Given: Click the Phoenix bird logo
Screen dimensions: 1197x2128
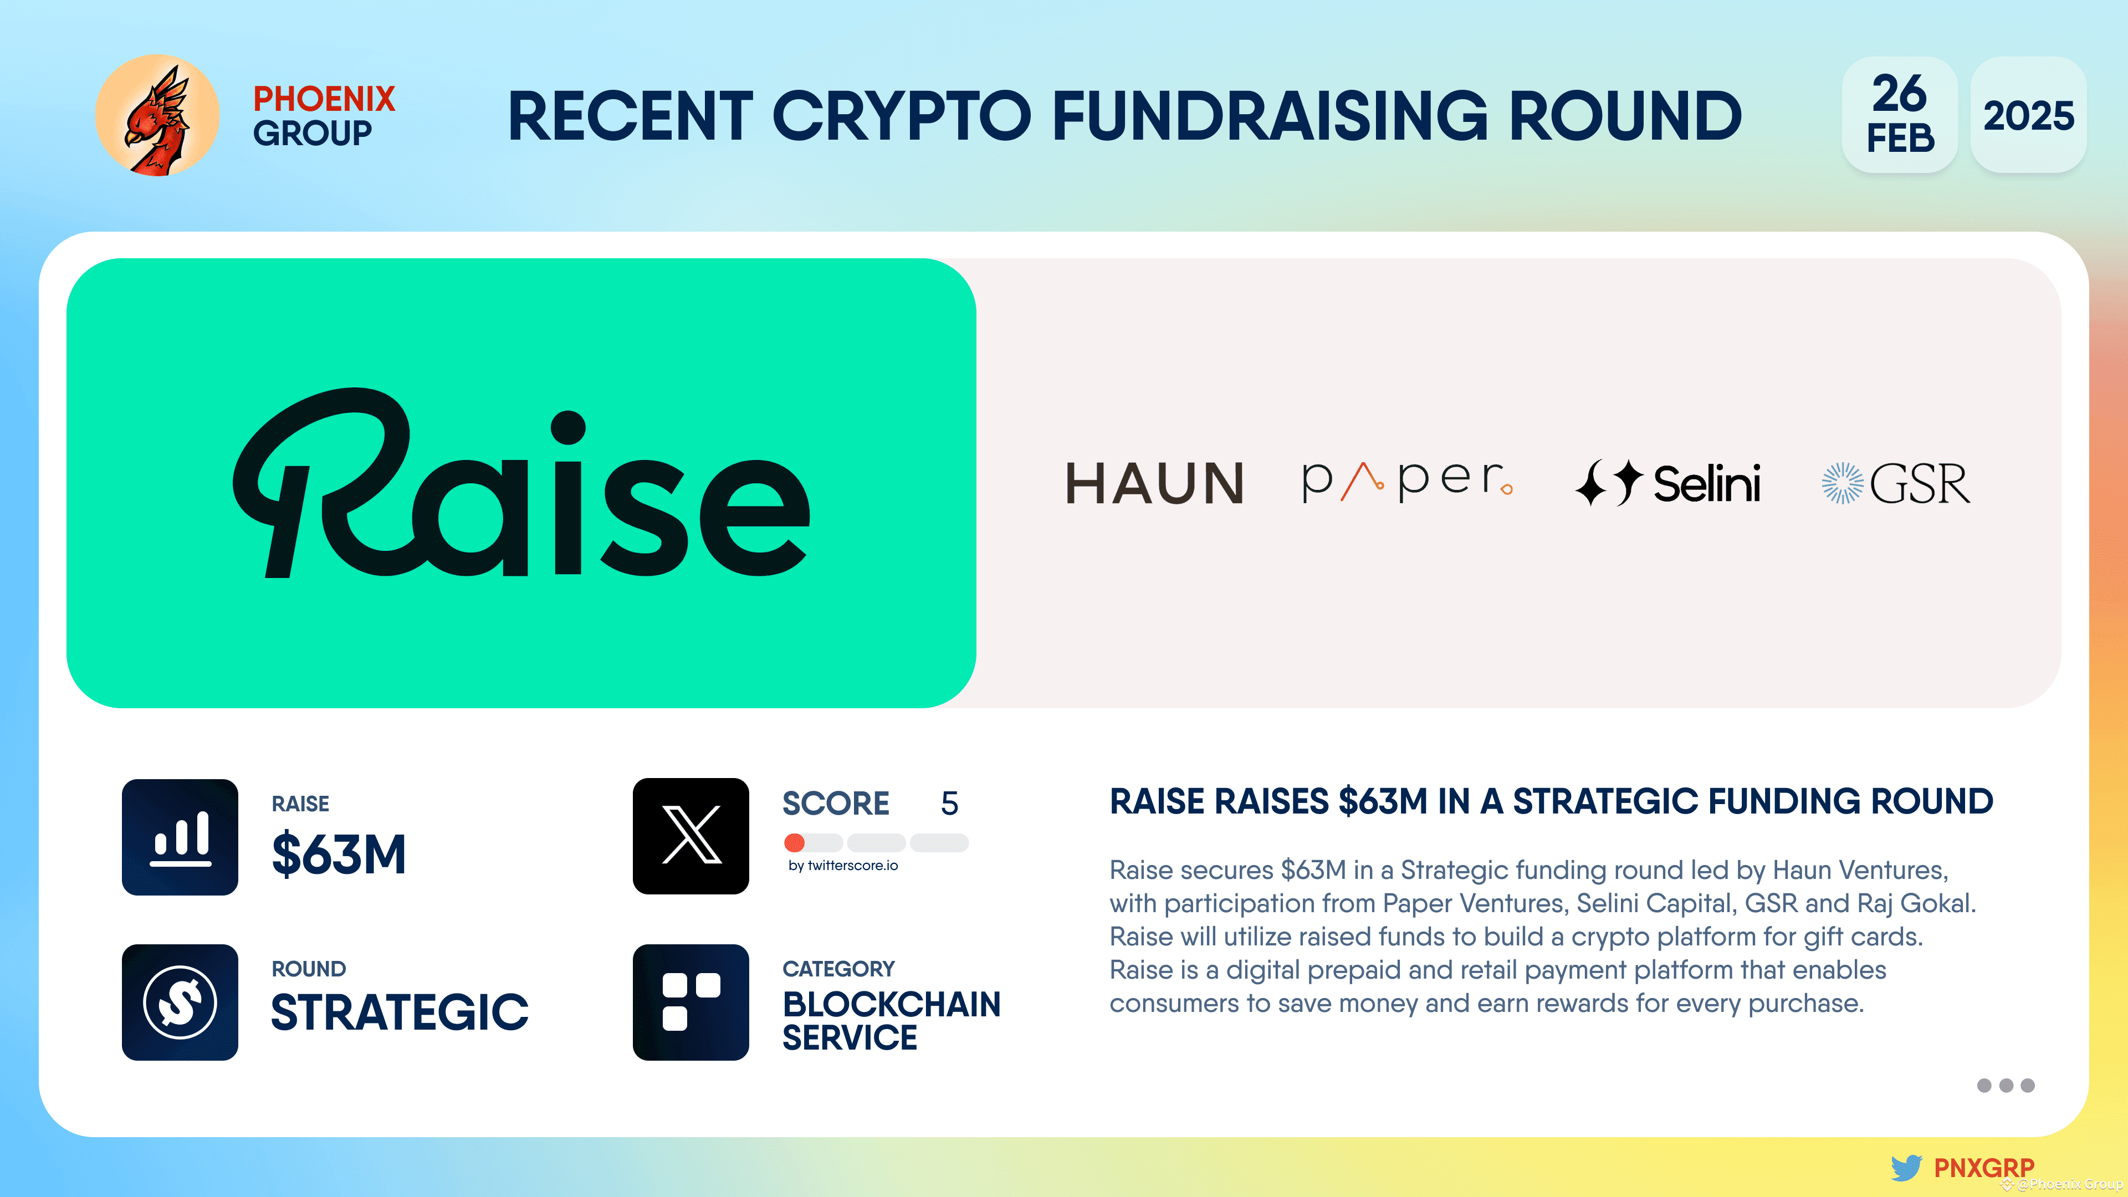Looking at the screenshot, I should [x=157, y=116].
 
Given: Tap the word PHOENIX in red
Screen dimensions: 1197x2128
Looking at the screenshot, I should [x=324, y=99].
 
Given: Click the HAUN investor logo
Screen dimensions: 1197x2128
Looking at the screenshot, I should [x=1154, y=483].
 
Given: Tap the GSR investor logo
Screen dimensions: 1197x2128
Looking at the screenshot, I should [x=1896, y=483].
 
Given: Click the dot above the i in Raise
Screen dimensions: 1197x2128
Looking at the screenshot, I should [x=569, y=428].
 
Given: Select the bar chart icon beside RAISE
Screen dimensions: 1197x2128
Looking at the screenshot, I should [x=180, y=837].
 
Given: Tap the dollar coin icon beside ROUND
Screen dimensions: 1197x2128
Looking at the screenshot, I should [x=180, y=1002].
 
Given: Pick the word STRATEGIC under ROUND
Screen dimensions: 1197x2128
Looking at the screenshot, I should [x=400, y=1012].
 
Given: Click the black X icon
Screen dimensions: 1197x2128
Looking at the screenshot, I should [x=690, y=836].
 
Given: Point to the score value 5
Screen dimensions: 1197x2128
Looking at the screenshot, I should [x=949, y=804].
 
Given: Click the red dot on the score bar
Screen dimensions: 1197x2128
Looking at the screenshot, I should [x=795, y=842].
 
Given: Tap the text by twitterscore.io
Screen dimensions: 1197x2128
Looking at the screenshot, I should [x=842, y=866].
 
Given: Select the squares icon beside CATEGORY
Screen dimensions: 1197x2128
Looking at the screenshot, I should [x=690, y=1002].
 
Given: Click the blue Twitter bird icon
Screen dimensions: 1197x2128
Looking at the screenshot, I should [x=1906, y=1167].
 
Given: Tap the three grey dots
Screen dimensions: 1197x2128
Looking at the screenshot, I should [x=2005, y=1086].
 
